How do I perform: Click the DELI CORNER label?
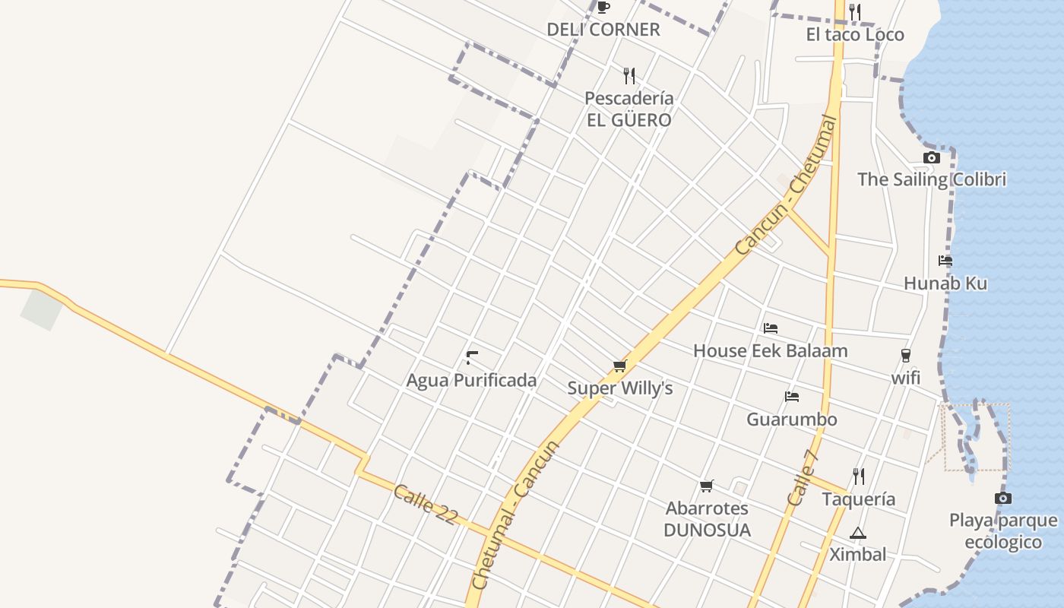603,30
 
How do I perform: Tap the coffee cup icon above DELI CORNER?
603,8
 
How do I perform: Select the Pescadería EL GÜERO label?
629,109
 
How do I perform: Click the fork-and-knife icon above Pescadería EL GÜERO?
629,75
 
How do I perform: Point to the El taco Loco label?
855,34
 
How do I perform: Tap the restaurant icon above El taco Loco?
855,11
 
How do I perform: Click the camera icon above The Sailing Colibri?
932,157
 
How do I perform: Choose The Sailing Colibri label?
932,179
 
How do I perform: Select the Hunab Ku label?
945,283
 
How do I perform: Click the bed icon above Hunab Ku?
945,261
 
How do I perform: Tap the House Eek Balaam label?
770,351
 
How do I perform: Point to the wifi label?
905,378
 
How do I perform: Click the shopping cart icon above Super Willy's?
620,366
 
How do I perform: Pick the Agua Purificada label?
471,380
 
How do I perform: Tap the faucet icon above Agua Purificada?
472,356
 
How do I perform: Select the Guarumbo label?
792,420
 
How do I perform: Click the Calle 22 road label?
426,504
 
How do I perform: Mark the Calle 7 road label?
803,478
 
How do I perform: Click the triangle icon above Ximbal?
858,533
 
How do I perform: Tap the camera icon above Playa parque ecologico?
1003,499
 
